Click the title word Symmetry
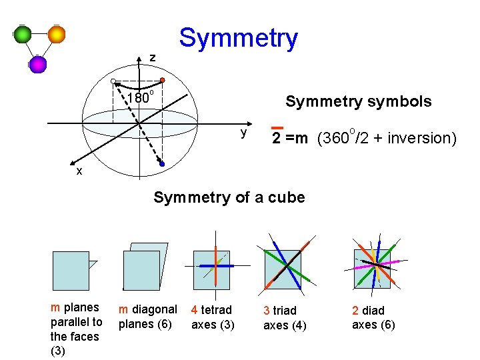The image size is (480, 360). click(238, 38)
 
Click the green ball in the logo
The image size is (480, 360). click(23, 35)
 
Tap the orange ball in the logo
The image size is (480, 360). click(57, 34)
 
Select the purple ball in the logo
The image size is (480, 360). click(38, 64)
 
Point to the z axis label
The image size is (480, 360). click(152, 58)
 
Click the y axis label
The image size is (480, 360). click(244, 133)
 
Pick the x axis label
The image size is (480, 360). click(79, 171)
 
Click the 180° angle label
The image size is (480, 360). click(140, 99)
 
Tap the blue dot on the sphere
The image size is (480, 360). click(162, 163)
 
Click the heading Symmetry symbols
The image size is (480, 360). click(358, 101)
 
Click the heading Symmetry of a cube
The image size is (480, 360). click(229, 197)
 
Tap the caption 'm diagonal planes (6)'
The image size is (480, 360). click(147, 317)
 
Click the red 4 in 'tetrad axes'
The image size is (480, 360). click(194, 310)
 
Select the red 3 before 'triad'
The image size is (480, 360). click(266, 311)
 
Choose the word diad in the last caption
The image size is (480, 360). click(373, 311)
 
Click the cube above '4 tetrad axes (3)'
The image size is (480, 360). click(211, 269)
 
